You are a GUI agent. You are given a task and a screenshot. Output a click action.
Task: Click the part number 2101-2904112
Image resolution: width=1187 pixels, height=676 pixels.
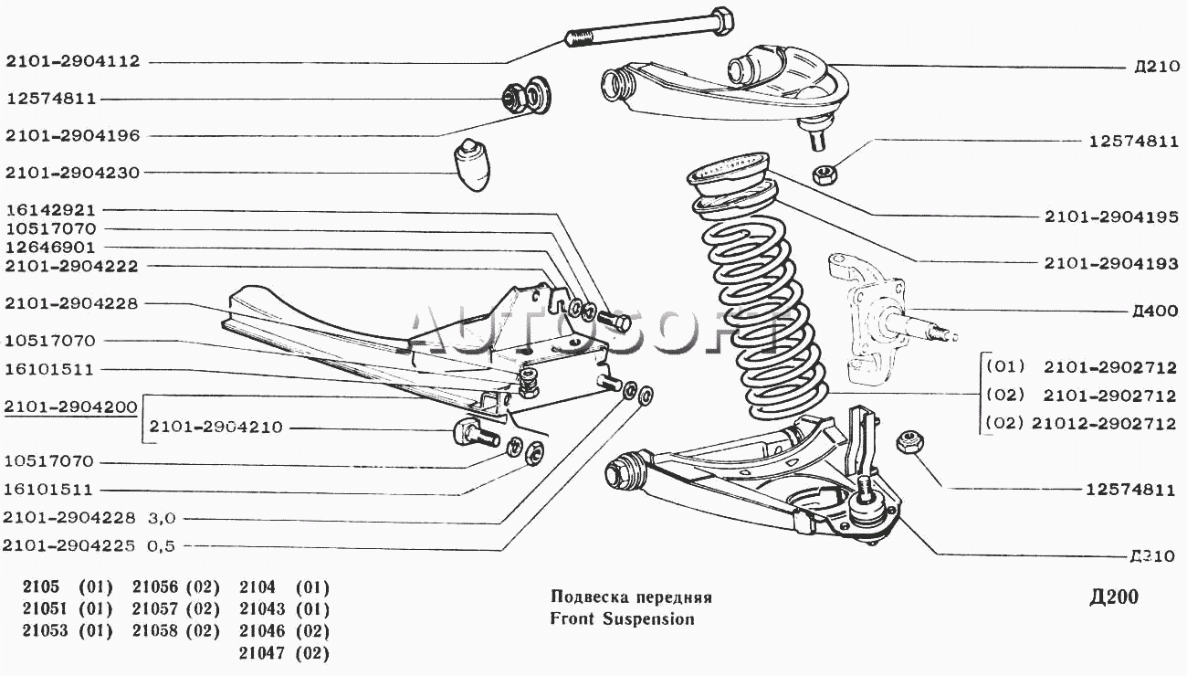[x=72, y=62]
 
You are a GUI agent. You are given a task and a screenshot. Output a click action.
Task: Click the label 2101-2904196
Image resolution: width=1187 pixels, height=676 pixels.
[x=72, y=135]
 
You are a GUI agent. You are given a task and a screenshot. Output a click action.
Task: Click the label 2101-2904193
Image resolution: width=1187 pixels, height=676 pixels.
[x=1109, y=263]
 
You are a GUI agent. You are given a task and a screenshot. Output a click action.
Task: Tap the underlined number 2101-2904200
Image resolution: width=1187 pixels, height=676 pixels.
[x=70, y=407]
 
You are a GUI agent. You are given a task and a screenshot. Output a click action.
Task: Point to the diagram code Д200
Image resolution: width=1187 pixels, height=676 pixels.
[x=1114, y=598]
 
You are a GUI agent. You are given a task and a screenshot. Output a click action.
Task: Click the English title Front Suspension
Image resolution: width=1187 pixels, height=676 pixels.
[x=622, y=619]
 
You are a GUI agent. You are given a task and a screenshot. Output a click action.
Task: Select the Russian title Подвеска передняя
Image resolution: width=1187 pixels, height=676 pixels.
[x=631, y=597]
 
